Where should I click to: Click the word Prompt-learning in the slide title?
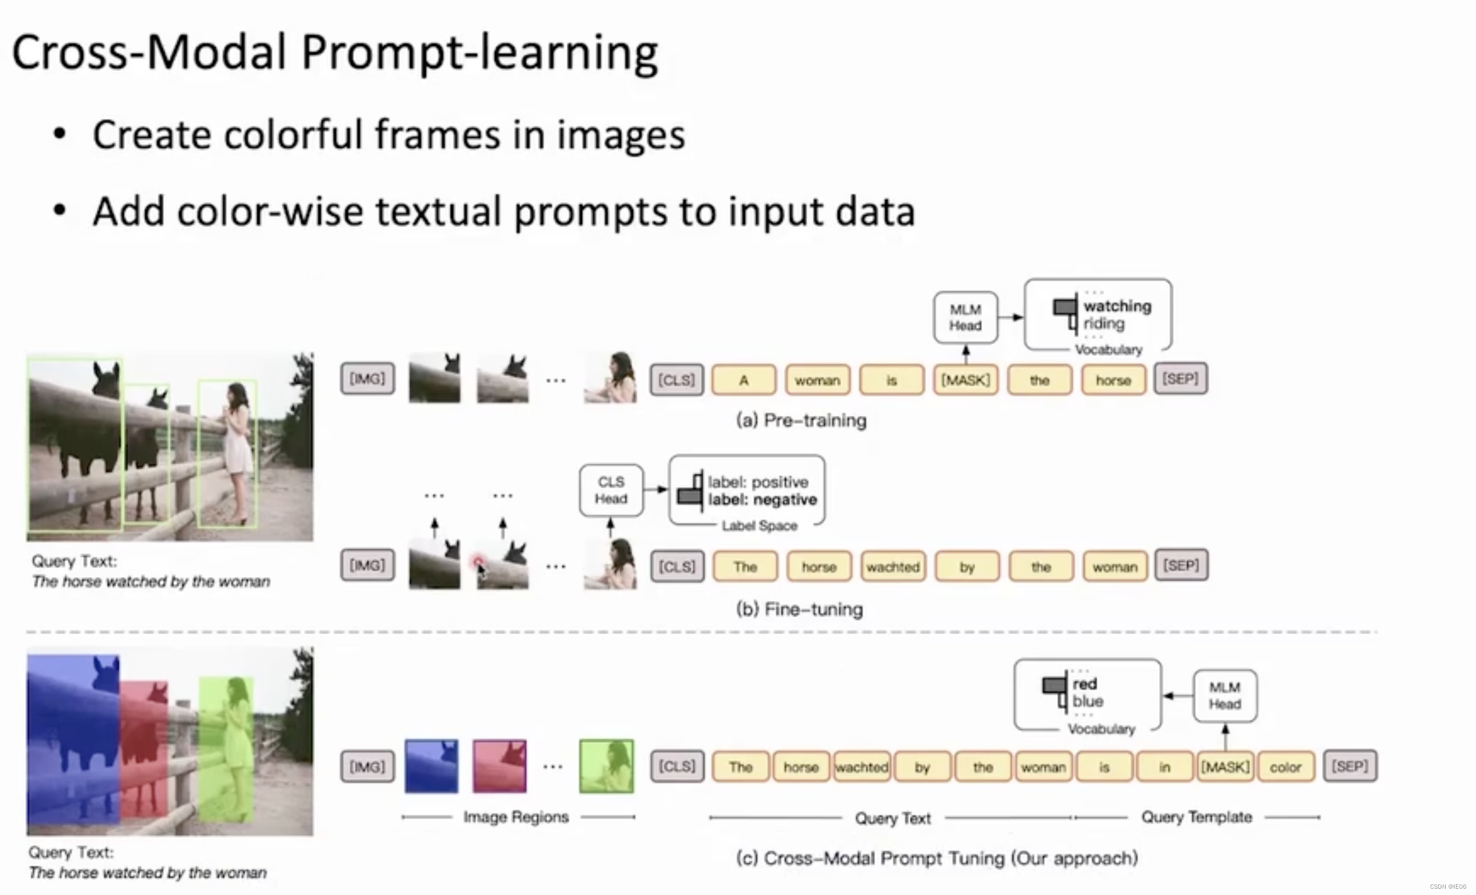(x=479, y=53)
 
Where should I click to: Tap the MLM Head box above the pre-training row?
(x=966, y=317)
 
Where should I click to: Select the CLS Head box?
(x=611, y=490)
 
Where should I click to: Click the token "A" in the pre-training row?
(x=744, y=380)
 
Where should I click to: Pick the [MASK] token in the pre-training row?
(x=966, y=380)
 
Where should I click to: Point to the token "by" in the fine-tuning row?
(x=967, y=567)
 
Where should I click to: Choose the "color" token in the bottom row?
(x=1286, y=767)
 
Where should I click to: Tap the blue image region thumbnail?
(x=431, y=766)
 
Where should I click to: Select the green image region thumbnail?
(x=606, y=766)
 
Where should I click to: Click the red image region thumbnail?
(x=500, y=766)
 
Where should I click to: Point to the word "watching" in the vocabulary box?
(x=1117, y=306)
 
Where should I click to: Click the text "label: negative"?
(x=762, y=500)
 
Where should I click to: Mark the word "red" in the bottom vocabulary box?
(x=1084, y=684)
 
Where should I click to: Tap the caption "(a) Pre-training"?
(x=801, y=420)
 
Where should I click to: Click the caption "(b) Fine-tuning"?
(x=800, y=609)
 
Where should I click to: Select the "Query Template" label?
(x=1196, y=817)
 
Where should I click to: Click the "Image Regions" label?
(x=516, y=817)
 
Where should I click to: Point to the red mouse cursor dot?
(x=478, y=561)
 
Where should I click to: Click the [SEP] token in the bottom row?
(x=1350, y=766)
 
